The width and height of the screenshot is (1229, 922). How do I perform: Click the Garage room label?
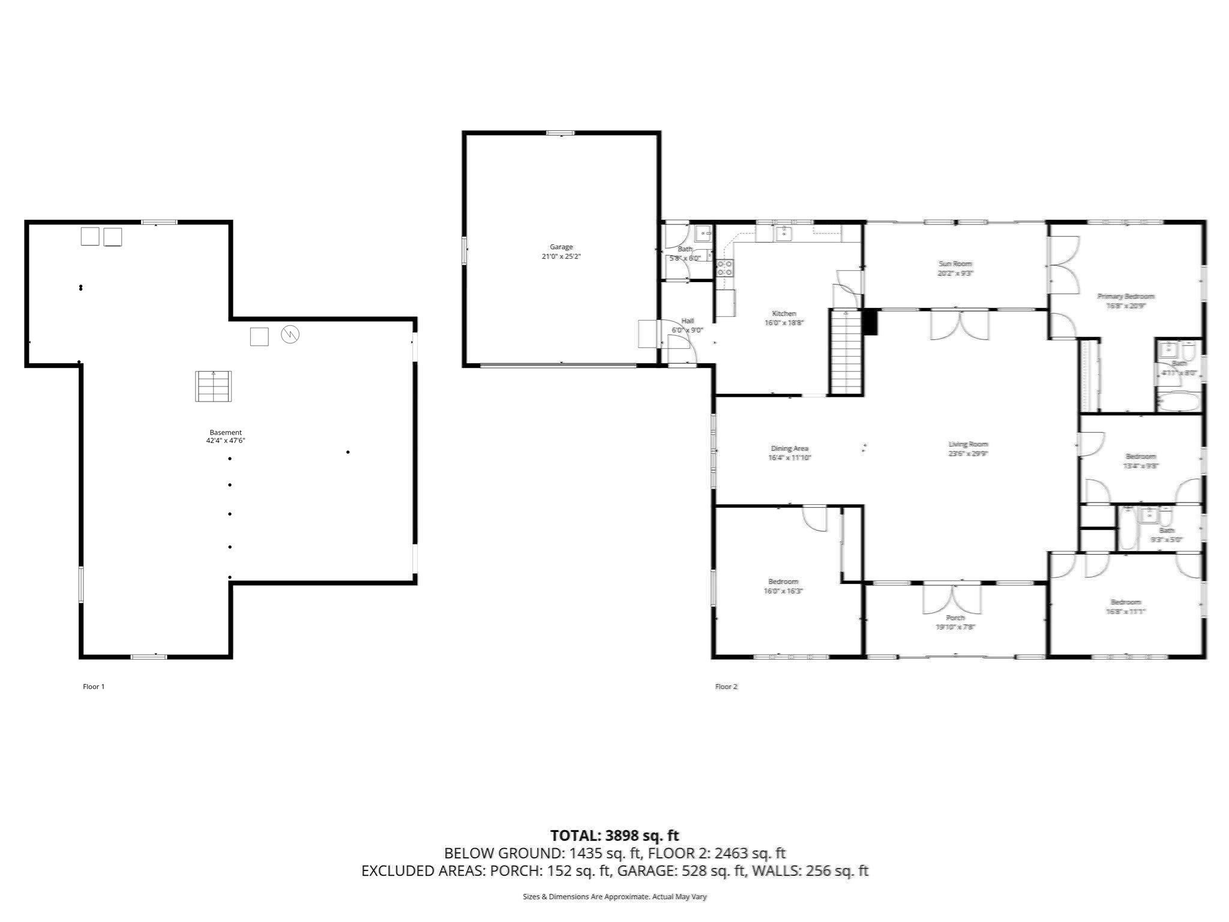(561, 247)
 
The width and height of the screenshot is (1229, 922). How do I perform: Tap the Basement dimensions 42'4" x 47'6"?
(226, 441)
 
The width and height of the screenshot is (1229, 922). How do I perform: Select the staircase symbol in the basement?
(213, 386)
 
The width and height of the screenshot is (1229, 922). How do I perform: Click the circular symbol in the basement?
(290, 334)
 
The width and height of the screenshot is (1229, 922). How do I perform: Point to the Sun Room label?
(955, 264)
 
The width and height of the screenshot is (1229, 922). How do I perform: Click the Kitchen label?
(784, 313)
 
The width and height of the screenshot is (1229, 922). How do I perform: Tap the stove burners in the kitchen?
(724, 268)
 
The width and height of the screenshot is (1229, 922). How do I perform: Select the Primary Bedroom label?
(1126, 296)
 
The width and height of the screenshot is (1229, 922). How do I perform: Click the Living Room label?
(968, 444)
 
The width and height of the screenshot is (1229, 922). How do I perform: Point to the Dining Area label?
(789, 448)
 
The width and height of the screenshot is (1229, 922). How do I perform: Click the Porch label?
(955, 618)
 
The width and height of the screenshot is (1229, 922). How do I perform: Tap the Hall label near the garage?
(687, 321)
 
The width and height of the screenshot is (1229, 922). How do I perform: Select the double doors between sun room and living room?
(959, 325)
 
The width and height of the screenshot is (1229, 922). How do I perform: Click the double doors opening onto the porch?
(952, 598)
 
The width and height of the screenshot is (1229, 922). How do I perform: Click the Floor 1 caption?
(94, 687)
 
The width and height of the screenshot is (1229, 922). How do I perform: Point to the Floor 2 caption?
(726, 687)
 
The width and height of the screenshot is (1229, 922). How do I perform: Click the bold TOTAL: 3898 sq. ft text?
(614, 836)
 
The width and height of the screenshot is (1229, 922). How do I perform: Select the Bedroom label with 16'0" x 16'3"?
(783, 581)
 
